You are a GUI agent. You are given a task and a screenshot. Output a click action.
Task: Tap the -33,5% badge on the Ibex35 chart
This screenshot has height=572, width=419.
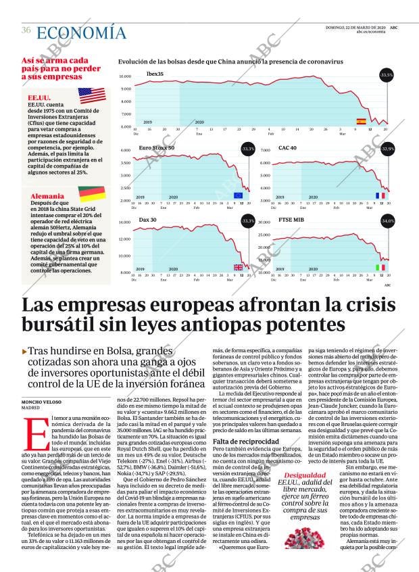pyautogui.click(x=387, y=74)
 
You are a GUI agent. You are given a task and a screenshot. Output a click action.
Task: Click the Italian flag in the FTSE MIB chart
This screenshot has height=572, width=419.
pyautogui.click(x=380, y=268)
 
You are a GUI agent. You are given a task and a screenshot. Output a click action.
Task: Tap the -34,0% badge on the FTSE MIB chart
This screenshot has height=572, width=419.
pyautogui.click(x=388, y=220)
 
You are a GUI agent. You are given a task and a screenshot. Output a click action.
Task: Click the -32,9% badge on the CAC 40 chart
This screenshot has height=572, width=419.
pyautogui.click(x=388, y=148)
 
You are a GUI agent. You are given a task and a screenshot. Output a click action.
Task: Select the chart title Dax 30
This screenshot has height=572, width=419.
pyautogui.click(x=147, y=220)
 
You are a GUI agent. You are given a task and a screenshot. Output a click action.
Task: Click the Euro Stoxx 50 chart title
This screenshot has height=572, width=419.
pyautogui.click(x=156, y=147)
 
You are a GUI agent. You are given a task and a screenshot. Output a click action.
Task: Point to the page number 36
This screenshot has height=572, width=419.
pyautogui.click(x=26, y=30)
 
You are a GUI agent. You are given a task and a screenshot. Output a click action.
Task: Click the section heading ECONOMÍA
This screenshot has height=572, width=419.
pyautogui.click(x=81, y=32)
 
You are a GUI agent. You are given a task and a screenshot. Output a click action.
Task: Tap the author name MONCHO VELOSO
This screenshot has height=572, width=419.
pyautogui.click(x=45, y=402)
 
